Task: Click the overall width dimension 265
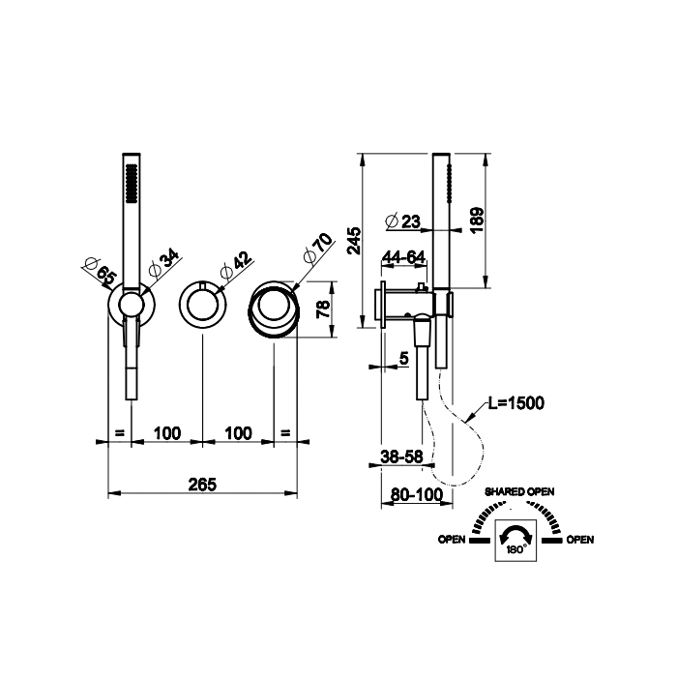coord(202,485)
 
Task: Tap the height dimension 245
coord(355,241)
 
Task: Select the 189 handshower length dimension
coord(477,221)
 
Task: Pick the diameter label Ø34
coord(163,262)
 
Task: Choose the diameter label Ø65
coord(101,270)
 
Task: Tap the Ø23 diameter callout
coord(402,221)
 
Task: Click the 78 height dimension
coord(323,309)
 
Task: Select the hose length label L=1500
coord(515,403)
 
